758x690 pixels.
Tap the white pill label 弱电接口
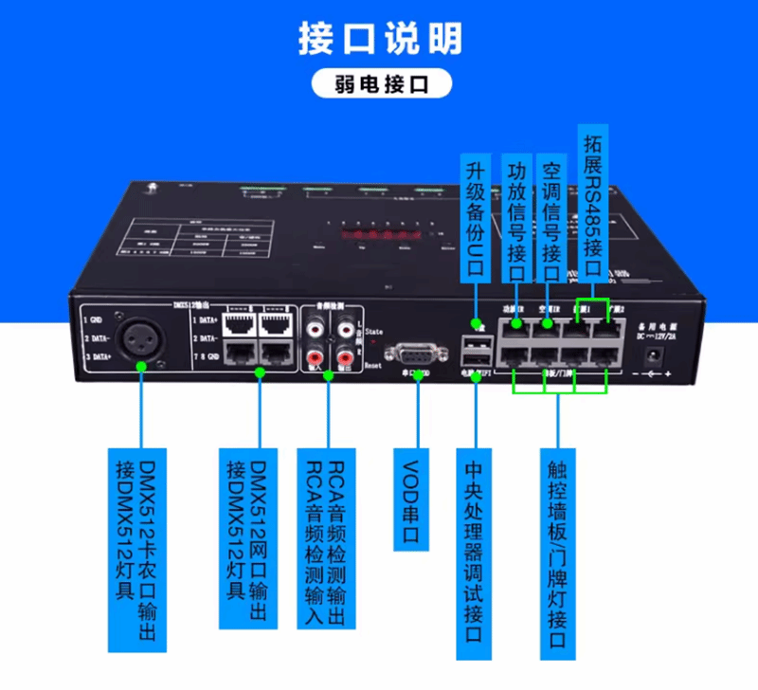tap(379, 83)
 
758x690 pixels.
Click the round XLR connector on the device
tap(142, 336)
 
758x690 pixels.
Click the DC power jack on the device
tap(652, 356)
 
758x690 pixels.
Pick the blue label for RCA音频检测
tap(327, 536)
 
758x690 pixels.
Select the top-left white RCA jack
tap(313, 329)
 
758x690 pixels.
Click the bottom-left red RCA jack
tap(313, 358)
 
